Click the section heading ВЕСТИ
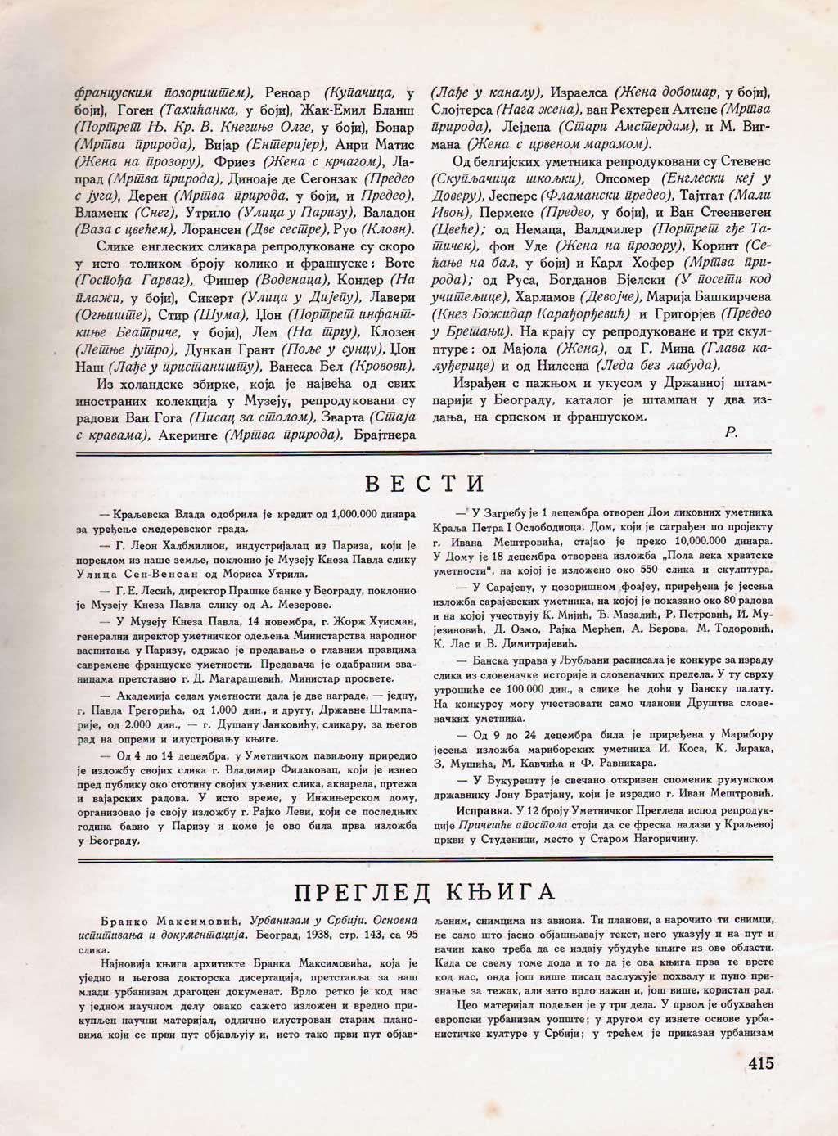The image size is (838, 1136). (x=424, y=483)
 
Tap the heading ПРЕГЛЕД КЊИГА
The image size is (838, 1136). (x=424, y=890)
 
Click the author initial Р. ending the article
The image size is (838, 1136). (x=731, y=434)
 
